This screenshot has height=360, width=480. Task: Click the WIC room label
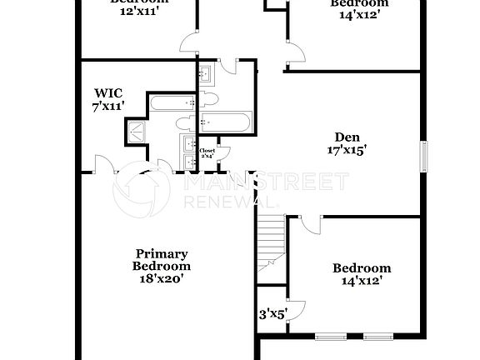(x=108, y=93)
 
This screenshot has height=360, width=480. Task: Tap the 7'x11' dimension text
(x=108, y=106)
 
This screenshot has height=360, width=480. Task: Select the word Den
(x=347, y=137)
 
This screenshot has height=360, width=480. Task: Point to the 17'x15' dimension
(x=347, y=151)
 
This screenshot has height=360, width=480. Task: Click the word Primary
(x=162, y=253)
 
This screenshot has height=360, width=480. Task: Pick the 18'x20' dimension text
(x=162, y=279)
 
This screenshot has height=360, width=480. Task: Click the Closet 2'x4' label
(x=207, y=153)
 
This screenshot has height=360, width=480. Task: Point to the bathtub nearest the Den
(x=227, y=122)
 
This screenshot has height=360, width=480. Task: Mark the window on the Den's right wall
(x=423, y=155)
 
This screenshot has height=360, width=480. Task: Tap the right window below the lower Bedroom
(x=378, y=337)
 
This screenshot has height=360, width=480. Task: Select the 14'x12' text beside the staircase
(x=362, y=282)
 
